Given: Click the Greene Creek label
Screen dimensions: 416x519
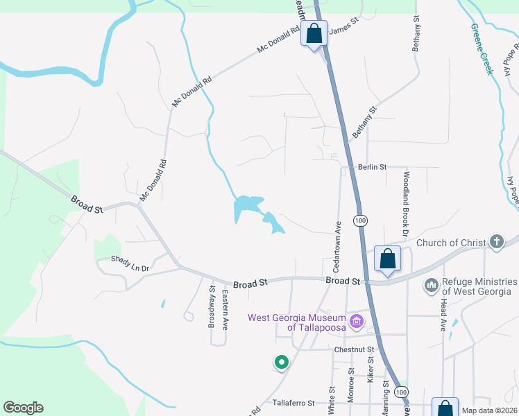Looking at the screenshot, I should (x=481, y=49).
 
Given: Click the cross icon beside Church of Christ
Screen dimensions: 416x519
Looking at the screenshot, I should (x=496, y=242).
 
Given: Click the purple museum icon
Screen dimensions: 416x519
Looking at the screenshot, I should (x=357, y=321).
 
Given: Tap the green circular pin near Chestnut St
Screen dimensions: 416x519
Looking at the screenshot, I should (x=281, y=362).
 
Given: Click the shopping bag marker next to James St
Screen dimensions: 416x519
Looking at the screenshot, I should (x=314, y=33).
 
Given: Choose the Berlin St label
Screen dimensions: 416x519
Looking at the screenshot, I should (x=372, y=168).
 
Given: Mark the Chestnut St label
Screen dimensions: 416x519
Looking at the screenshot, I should (x=354, y=349).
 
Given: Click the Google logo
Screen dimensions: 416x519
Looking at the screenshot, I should (x=23, y=408).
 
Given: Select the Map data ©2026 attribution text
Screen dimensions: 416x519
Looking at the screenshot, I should (x=488, y=410).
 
